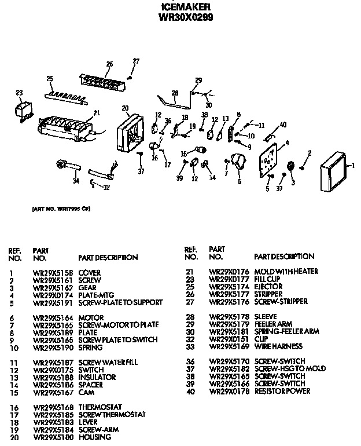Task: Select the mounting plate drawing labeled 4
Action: [x=269, y=159]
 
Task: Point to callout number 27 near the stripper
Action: [x=137, y=61]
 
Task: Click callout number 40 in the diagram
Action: [x=283, y=125]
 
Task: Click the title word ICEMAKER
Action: [x=185, y=8]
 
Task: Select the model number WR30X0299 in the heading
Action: [x=185, y=17]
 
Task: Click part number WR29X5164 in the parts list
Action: [x=51, y=317]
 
